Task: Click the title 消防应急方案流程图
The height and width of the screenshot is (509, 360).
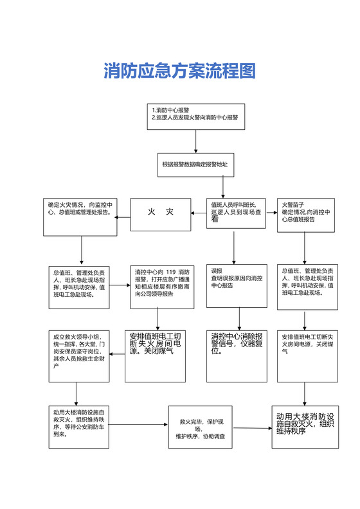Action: [179, 71]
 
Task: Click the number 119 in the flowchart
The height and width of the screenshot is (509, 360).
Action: [170, 272]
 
